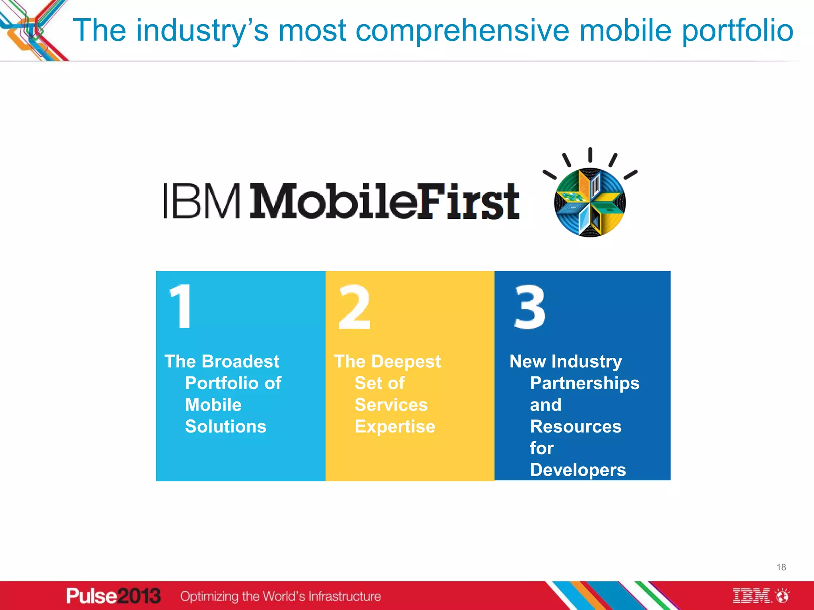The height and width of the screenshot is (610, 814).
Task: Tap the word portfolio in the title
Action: [x=737, y=31]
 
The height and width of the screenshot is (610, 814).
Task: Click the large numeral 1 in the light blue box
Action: [x=181, y=306]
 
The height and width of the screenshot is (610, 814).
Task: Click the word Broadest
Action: [x=240, y=361]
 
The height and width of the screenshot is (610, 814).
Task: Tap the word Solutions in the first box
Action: [x=225, y=427]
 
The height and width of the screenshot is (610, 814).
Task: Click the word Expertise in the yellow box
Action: [x=395, y=427]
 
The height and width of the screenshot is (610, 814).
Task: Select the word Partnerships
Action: [x=584, y=383]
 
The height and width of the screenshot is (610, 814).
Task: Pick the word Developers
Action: [x=578, y=470]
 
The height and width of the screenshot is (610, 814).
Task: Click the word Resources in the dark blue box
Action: [x=576, y=427]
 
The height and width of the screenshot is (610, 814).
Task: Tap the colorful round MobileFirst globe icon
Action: [x=590, y=203]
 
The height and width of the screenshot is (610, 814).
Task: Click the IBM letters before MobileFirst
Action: [x=202, y=201]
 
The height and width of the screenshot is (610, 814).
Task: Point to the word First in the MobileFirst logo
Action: [x=468, y=201]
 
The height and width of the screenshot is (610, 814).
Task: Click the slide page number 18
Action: [x=781, y=567]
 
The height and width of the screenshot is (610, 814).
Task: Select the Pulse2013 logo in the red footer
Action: [x=113, y=596]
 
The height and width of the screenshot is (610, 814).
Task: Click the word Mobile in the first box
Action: [x=213, y=405]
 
